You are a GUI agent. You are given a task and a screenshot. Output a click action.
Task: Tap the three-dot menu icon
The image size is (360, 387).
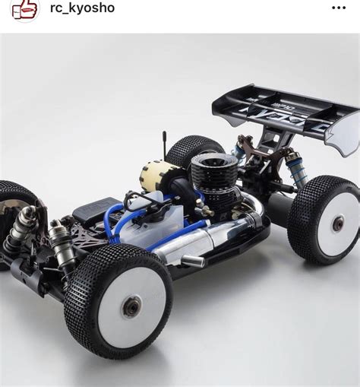click(x=339, y=8)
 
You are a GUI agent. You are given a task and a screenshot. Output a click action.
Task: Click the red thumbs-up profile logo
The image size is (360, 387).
click(x=24, y=9)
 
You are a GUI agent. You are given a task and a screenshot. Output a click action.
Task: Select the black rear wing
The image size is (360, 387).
click(x=273, y=109)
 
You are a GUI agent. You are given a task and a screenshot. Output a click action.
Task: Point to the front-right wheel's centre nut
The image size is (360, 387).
click(x=131, y=306)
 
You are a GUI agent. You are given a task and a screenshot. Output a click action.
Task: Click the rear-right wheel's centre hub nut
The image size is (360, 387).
click(x=338, y=223)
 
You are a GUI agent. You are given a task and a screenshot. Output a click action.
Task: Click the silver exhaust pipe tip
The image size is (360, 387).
click(x=193, y=262)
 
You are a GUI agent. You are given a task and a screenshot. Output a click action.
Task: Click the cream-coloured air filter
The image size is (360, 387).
click(x=157, y=176)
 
